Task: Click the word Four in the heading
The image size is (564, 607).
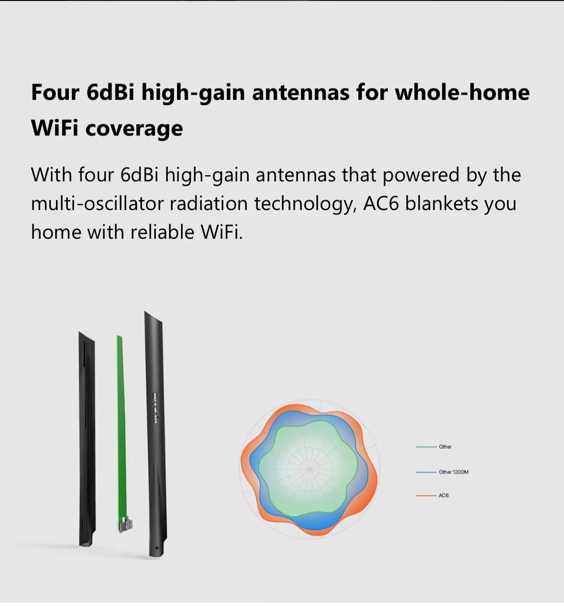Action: pos(55,92)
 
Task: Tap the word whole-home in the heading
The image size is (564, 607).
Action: pos(462,92)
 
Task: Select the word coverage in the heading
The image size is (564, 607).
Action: pos(134,129)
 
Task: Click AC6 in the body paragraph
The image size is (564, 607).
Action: pos(381,203)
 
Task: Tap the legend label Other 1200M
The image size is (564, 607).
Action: pos(453,472)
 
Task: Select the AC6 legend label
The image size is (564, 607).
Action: pos(443,495)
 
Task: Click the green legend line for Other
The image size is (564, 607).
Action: pos(426,447)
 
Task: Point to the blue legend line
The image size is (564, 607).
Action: pos(426,472)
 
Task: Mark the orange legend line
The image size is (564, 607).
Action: pos(426,495)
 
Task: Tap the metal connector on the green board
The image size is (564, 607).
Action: pos(125,524)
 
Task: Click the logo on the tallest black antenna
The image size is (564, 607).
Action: pos(155,408)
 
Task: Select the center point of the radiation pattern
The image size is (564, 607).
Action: pos(309,469)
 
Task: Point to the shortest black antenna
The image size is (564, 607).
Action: pos(87,439)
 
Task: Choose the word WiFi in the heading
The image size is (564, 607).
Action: pos(54,129)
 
